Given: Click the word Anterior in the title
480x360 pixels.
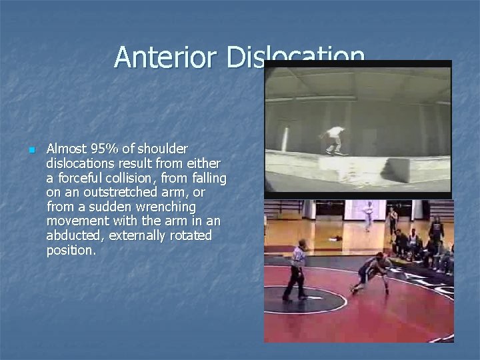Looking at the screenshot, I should pos(167,58).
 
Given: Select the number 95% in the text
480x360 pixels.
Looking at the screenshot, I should pos(103,149).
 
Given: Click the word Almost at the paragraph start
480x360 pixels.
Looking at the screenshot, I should pos(68,149).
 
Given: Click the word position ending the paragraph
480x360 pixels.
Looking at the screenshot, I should pos(71,251).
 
